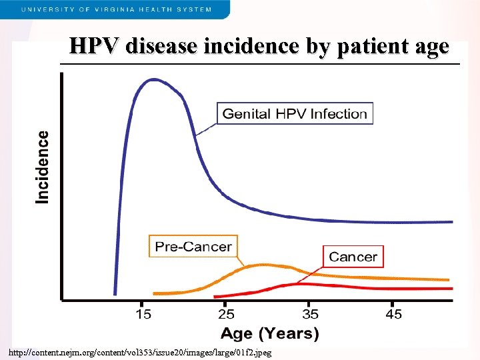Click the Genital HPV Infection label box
pyautogui.click(x=295, y=113)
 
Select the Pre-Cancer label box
pyautogui.click(x=193, y=247)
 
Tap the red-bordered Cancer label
pyautogui.click(x=353, y=257)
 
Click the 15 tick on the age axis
pyautogui.click(x=143, y=313)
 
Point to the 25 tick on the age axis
pyautogui.click(x=227, y=313)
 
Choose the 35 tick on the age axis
pyautogui.click(x=311, y=313)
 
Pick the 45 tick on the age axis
pyautogui.click(x=394, y=313)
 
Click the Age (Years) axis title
pyautogui.click(x=269, y=332)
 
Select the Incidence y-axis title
pyautogui.click(x=43, y=167)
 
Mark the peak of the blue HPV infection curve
pyautogui.click(x=154, y=79)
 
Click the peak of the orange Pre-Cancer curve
pyautogui.click(x=257, y=265)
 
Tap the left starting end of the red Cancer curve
pyautogui.click(x=215, y=296)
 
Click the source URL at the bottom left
pyautogui.click(x=140, y=352)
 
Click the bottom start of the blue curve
pyautogui.click(x=115, y=293)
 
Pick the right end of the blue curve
pyautogui.click(x=451, y=221)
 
